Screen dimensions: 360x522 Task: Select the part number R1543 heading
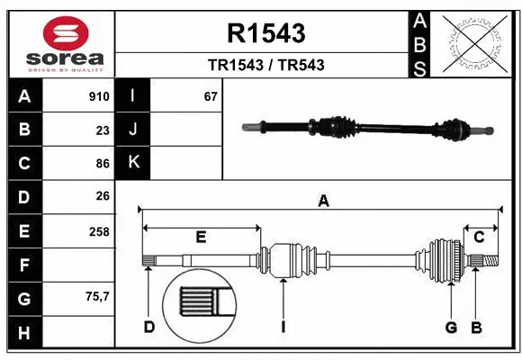coord(267,33)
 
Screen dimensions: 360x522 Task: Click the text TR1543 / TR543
coord(266,65)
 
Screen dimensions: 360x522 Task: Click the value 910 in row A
coord(99,96)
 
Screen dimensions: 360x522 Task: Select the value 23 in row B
coord(102,130)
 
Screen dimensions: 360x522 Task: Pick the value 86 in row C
coord(102,164)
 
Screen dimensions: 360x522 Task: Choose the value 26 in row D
coord(102,196)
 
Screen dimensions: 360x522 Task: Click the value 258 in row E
coord(99,231)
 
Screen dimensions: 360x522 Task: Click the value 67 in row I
coord(211,96)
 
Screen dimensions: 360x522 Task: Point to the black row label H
coord(24,332)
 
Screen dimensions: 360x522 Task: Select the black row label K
coord(133,162)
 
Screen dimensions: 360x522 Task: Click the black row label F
coord(24,265)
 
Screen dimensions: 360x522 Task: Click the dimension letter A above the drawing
coord(323,202)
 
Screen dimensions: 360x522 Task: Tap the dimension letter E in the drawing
coord(202,238)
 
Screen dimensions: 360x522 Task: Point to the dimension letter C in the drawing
coord(479,237)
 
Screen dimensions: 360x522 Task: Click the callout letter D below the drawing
coord(149,327)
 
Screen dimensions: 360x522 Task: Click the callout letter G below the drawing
coord(452,327)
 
